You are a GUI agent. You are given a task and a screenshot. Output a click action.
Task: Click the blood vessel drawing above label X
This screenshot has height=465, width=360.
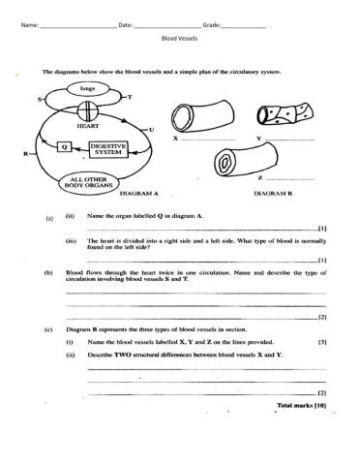tap(198, 115)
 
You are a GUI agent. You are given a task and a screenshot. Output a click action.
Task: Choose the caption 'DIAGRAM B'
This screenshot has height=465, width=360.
tap(275, 194)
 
